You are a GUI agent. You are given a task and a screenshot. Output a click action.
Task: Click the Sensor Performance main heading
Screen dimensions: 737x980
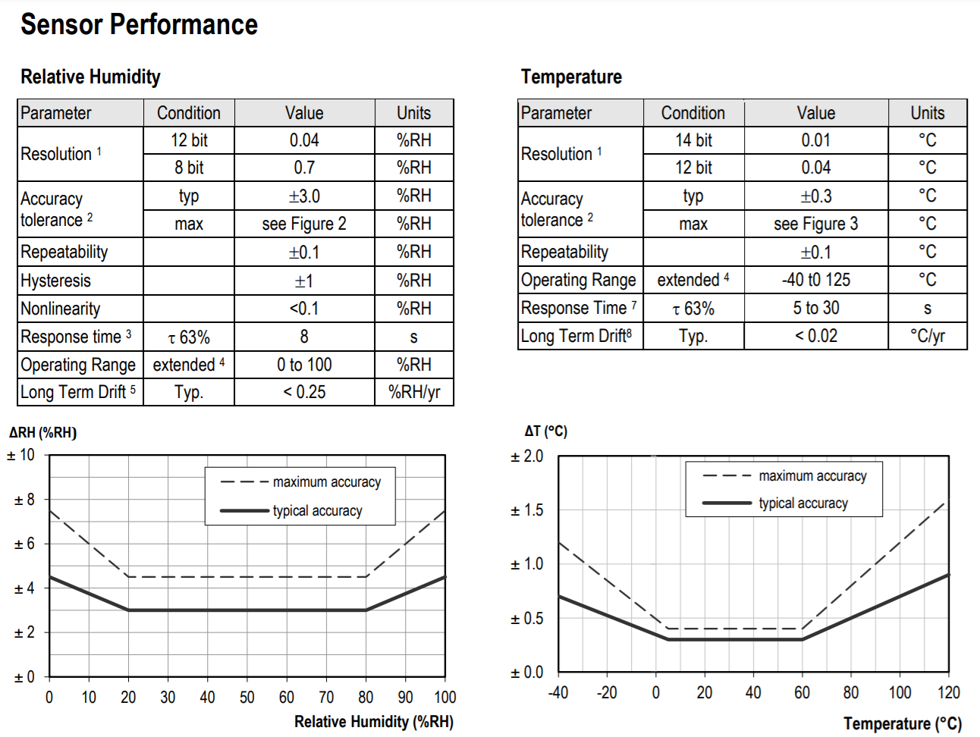point(139,25)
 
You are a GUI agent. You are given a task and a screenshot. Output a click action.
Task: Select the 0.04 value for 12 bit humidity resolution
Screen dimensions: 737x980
point(304,140)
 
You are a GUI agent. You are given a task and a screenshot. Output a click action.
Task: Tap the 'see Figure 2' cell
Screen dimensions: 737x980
point(304,224)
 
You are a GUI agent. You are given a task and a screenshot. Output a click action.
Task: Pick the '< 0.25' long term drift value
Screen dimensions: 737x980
point(304,392)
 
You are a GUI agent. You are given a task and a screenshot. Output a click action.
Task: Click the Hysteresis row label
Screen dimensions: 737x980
point(56,281)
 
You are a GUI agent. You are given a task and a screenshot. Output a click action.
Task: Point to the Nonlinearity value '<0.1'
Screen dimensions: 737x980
point(304,309)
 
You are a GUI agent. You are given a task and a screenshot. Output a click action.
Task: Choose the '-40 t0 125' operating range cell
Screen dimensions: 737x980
point(815,280)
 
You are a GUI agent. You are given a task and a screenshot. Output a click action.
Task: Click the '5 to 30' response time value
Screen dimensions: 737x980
point(815,308)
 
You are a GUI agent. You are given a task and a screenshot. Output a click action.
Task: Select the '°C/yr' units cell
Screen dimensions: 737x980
point(927,336)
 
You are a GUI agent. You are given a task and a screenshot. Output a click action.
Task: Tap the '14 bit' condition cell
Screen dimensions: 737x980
point(693,140)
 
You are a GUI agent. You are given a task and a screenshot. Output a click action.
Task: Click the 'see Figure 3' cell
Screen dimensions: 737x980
point(815,224)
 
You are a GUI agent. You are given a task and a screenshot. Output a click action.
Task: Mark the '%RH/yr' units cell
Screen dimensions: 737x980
point(413,392)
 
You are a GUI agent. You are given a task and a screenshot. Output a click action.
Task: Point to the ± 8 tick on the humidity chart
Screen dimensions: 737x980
point(24,500)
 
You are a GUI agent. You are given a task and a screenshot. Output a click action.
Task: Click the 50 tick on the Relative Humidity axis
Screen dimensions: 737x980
point(247,697)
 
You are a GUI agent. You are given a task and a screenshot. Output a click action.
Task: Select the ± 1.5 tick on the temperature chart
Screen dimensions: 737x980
point(527,510)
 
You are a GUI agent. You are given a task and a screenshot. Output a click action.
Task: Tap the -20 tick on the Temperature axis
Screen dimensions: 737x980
point(607,692)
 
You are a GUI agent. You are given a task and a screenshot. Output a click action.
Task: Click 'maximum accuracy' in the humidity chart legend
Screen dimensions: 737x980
point(327,482)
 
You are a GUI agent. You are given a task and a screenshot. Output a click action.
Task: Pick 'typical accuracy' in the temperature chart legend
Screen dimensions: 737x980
point(803,503)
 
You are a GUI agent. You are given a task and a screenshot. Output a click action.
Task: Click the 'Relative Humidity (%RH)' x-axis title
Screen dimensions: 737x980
point(374,721)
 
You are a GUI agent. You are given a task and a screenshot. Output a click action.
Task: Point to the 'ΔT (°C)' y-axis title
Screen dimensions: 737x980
point(545,431)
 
